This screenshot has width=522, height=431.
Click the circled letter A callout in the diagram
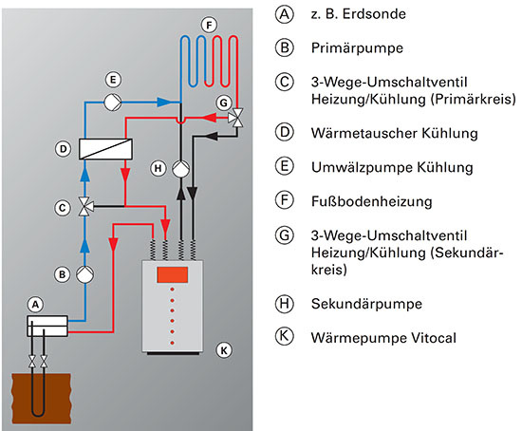pyautogui.click(x=36, y=305)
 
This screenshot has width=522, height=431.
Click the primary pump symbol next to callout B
pyautogui.click(x=84, y=274)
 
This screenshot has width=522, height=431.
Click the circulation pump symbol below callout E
pyautogui.click(x=113, y=102)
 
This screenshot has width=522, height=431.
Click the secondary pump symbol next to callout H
pyautogui.click(x=177, y=167)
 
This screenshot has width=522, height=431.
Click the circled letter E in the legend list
pyautogui.click(x=284, y=168)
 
